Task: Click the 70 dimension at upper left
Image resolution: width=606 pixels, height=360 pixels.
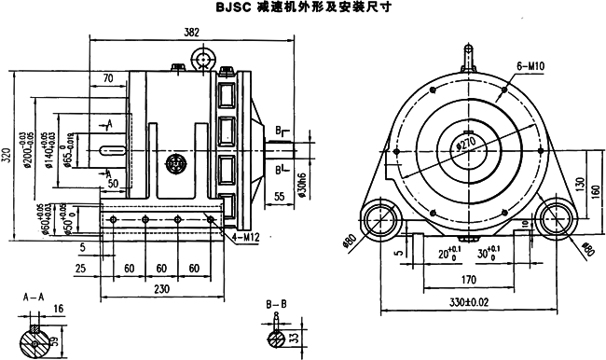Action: pyautogui.click(x=108, y=77)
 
